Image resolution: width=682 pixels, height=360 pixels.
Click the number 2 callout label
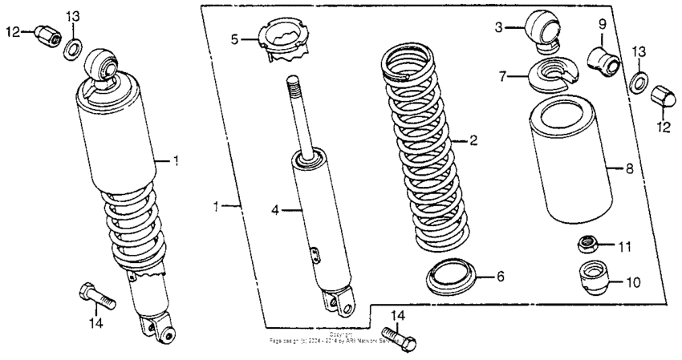[473, 140]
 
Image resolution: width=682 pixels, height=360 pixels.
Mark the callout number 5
[234, 38]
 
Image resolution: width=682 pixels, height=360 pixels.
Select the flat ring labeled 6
[451, 277]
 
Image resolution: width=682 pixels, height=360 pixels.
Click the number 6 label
[499, 277]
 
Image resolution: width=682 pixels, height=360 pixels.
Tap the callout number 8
[629, 169]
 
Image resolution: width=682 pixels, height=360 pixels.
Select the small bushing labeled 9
[604, 59]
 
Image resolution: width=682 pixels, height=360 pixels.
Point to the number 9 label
[602, 25]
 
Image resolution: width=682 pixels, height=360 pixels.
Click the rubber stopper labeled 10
[592, 275]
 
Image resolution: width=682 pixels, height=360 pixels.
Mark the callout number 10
[632, 282]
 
